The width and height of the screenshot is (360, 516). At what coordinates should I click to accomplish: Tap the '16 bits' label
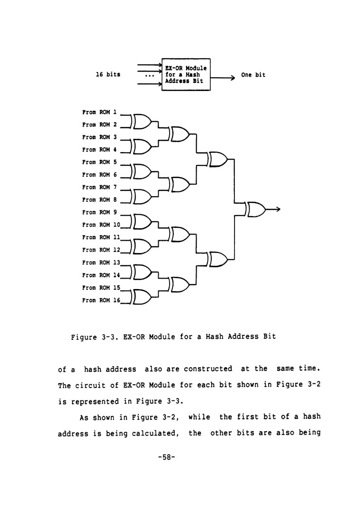(x=108, y=74)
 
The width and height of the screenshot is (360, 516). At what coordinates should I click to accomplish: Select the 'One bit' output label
(x=253, y=75)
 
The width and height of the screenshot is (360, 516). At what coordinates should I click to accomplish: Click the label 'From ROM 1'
(x=99, y=112)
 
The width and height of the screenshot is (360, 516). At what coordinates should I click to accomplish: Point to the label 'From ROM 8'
(x=99, y=200)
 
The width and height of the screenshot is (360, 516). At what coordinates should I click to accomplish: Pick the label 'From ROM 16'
(x=101, y=300)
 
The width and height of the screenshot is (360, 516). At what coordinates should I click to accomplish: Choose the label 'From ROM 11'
(x=101, y=237)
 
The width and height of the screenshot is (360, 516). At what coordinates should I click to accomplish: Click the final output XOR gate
(x=255, y=209)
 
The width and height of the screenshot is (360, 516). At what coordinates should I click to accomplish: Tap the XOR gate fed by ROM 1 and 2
(x=141, y=121)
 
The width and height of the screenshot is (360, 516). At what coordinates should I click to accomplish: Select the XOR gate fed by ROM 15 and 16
(x=141, y=297)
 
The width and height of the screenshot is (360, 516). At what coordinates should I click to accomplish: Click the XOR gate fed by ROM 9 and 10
(x=141, y=222)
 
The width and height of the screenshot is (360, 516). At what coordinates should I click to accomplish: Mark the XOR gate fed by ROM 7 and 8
(x=141, y=197)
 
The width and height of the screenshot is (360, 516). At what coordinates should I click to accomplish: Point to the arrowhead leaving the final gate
(x=279, y=209)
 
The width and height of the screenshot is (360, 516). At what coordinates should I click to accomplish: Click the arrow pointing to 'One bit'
(x=223, y=78)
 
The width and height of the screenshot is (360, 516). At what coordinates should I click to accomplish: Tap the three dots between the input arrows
(x=149, y=76)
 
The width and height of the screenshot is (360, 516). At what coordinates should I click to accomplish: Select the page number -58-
(x=167, y=457)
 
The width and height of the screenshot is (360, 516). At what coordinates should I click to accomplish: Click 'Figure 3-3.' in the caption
(x=94, y=337)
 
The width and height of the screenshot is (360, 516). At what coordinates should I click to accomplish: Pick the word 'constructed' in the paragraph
(x=208, y=369)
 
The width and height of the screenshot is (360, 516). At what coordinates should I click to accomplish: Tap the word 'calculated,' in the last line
(x=155, y=433)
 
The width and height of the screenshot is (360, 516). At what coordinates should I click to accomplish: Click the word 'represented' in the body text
(x=95, y=401)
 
